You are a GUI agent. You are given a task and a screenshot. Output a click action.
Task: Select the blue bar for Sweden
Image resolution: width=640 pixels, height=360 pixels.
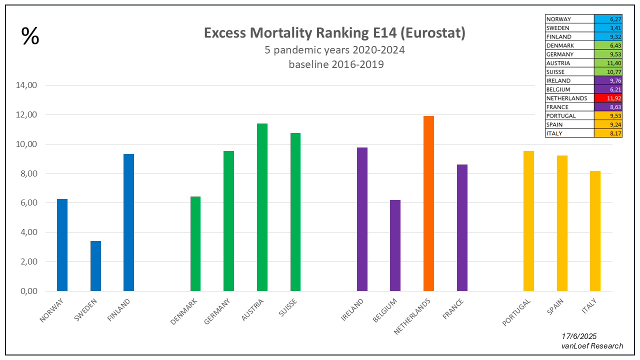pos(95,266)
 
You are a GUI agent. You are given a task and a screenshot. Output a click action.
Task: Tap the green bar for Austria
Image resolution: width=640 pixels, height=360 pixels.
pos(262,207)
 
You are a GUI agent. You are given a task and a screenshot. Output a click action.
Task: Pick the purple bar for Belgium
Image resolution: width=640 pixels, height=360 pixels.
pos(395,245)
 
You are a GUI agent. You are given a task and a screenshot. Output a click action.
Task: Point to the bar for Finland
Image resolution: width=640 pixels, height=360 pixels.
pos(128,222)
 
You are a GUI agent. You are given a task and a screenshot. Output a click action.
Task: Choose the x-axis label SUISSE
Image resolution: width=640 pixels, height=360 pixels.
pos(288,308)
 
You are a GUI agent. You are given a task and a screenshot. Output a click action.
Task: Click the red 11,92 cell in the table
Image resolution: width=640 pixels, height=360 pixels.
pos(608,98)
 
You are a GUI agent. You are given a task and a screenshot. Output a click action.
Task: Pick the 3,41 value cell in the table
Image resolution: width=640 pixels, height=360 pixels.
pos(608,28)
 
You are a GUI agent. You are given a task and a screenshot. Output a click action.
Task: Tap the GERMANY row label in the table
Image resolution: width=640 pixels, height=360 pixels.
pos(560,54)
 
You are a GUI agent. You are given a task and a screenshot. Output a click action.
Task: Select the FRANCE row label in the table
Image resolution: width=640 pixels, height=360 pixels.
pos(557,107)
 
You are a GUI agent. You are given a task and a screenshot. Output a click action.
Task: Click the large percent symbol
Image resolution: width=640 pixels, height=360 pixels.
pos(30,36)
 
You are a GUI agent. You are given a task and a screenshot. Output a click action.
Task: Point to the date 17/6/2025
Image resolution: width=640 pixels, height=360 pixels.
pos(579,336)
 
